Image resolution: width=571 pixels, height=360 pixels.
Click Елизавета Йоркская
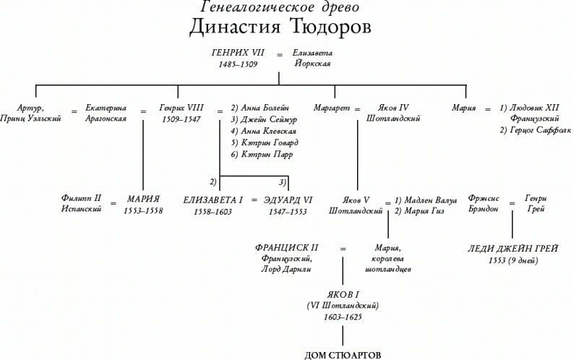pyautogui.click(x=312, y=59)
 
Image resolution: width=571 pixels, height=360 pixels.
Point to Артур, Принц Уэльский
pyautogui.click(x=32, y=112)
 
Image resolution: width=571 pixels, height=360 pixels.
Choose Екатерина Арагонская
pyautogui.click(x=106, y=112)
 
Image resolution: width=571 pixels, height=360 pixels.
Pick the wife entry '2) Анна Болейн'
pyautogui.click(x=260, y=107)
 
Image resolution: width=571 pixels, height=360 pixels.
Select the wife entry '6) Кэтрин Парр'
pyautogui.click(x=262, y=154)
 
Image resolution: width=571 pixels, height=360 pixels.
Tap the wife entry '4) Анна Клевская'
pyautogui.click(x=263, y=131)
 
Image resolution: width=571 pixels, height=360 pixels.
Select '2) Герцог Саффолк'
pyautogui.click(x=533, y=130)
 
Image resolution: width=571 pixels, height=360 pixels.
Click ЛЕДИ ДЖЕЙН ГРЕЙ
pyautogui.click(x=512, y=249)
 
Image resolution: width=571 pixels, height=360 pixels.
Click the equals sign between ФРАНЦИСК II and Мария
pyautogui.click(x=343, y=249)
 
